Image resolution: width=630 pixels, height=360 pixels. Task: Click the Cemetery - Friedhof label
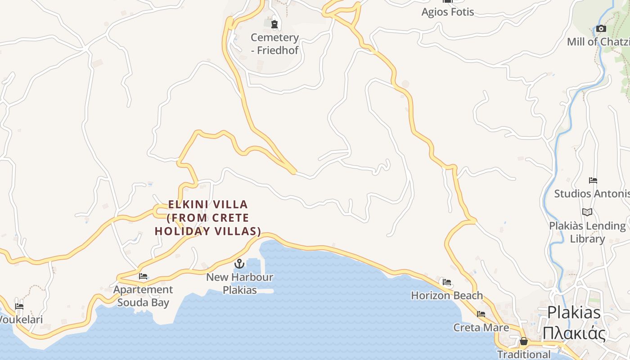(274, 44)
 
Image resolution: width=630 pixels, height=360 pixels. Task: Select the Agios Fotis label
(447, 12)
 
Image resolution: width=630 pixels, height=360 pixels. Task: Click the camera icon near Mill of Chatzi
(601, 29)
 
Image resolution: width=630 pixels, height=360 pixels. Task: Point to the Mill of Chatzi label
(598, 42)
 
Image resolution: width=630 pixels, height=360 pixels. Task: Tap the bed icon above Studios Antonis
(593, 180)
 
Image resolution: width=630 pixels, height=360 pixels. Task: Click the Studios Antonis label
(591, 193)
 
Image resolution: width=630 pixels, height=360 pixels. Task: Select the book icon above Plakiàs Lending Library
(587, 212)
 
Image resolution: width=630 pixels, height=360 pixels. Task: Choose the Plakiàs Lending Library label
(587, 232)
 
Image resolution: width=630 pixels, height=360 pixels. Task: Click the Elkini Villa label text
(207, 218)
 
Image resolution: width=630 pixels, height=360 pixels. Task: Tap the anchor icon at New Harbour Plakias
(239, 264)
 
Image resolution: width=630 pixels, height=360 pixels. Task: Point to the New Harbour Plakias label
(239, 283)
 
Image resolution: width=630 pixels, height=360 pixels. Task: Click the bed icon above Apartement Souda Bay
(143, 276)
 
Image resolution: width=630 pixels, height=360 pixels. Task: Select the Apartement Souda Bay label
(143, 296)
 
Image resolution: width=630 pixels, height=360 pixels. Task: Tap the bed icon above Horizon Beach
(447, 282)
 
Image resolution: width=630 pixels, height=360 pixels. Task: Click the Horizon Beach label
(447, 296)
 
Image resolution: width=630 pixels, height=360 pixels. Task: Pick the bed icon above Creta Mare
(481, 314)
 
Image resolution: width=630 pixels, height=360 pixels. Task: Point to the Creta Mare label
(481, 327)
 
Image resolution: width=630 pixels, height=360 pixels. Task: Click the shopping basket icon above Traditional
(523, 341)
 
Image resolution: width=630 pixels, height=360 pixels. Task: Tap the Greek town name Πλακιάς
(574, 334)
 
